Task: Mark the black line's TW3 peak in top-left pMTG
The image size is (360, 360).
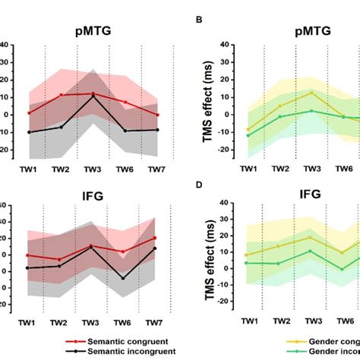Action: click(x=93, y=96)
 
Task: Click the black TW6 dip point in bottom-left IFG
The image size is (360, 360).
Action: click(x=123, y=278)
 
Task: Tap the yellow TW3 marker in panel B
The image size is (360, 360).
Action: click(x=311, y=93)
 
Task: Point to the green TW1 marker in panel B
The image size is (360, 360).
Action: click(x=248, y=135)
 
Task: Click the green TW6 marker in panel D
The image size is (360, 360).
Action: click(x=343, y=269)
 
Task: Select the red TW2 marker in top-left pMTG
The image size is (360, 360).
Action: click(x=61, y=96)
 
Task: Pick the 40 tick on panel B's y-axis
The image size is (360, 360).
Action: click(x=225, y=45)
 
